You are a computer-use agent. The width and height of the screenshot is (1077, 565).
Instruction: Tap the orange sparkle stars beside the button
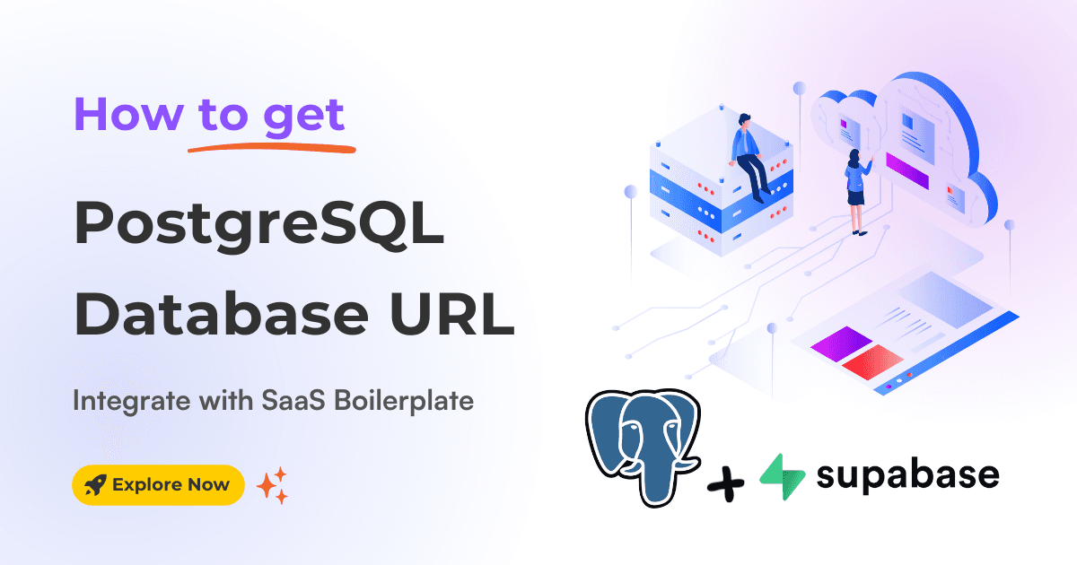(272, 485)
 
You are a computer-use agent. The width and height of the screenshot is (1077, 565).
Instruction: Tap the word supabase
(906, 475)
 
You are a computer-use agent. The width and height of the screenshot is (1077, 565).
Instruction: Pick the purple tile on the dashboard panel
(840, 343)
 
